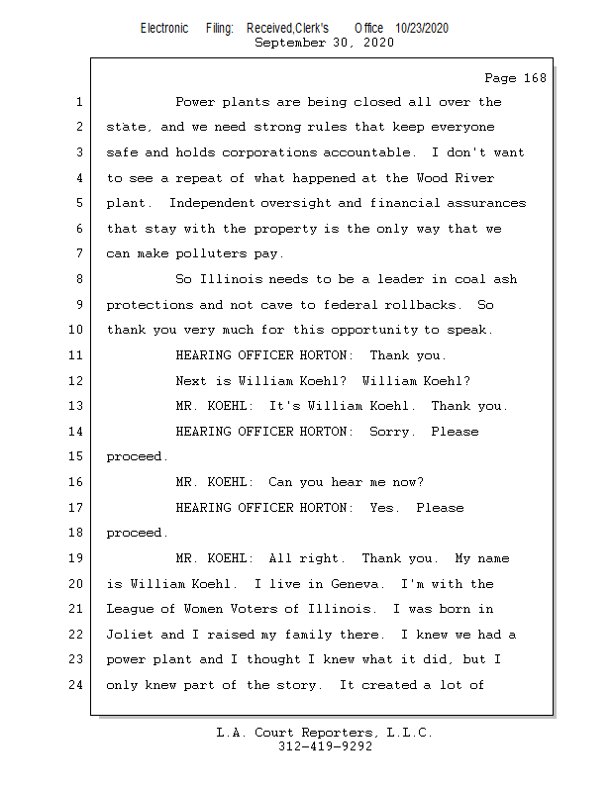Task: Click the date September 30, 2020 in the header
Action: coord(324,44)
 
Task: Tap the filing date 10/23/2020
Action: coord(422,29)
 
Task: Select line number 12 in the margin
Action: coord(78,381)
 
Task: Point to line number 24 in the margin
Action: coord(78,685)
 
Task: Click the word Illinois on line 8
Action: coord(231,279)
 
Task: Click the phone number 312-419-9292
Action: coord(325,747)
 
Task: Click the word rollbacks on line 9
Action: coord(424,305)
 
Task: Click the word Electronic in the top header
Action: coord(164,29)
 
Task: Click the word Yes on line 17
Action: coord(384,508)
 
